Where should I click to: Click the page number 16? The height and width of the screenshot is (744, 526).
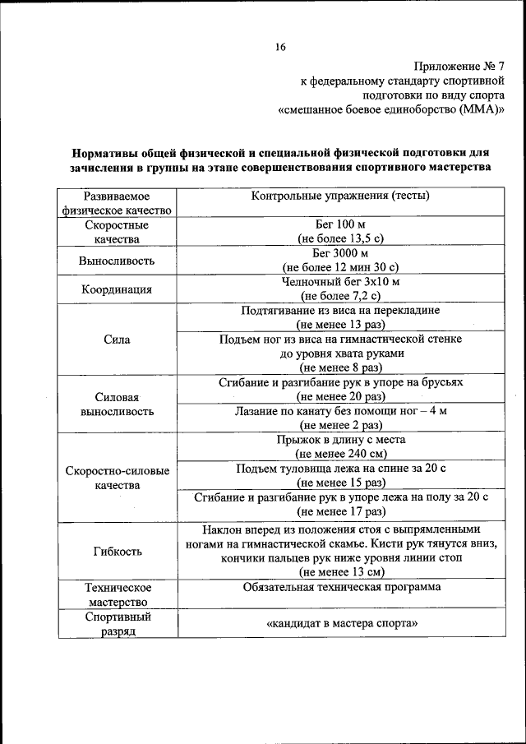click(280, 47)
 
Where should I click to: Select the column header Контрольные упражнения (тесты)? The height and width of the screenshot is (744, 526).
click(340, 196)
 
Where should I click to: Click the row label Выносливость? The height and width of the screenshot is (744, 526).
click(117, 261)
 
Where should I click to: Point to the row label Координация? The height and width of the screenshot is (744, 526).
click(117, 289)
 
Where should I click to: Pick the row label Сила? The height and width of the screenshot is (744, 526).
click(117, 339)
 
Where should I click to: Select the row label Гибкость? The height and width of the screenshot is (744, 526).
click(117, 551)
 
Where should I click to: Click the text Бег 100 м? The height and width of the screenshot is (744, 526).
click(340, 224)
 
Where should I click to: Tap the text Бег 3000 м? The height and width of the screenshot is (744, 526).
click(340, 253)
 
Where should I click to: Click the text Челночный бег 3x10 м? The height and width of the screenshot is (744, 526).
click(340, 282)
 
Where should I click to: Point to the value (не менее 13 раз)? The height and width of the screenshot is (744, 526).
click(340, 324)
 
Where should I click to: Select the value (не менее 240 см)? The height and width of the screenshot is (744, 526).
click(340, 453)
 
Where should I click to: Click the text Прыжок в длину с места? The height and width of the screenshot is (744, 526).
click(340, 439)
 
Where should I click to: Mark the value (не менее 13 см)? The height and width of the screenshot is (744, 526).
click(340, 571)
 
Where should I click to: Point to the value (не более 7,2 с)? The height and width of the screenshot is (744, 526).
click(340, 295)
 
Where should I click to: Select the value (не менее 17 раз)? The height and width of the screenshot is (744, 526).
click(340, 511)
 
